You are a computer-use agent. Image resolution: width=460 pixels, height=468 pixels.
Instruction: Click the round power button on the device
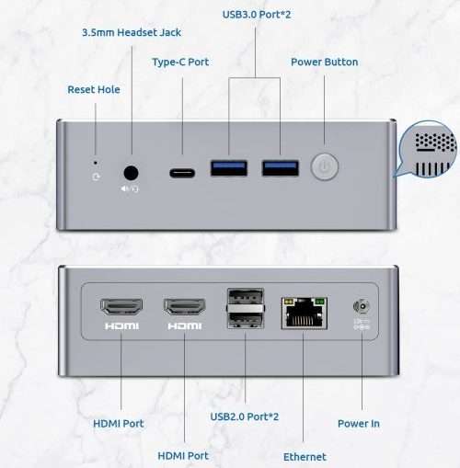325,166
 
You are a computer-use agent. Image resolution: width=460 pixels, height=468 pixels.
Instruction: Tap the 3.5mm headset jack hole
131,173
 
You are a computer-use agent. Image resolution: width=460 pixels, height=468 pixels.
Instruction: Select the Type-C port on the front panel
182,173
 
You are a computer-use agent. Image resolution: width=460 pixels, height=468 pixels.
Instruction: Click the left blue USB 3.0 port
229,168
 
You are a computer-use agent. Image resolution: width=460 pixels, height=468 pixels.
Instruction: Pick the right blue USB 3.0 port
281,168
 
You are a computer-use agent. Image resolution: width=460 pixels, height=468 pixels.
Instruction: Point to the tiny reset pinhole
96,163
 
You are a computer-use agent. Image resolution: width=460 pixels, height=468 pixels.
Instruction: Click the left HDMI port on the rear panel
121,307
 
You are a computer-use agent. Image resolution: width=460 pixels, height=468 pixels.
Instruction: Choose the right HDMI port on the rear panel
185,307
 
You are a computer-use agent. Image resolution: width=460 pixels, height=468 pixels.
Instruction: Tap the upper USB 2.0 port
246,296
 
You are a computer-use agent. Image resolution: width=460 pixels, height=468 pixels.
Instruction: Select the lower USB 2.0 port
246,321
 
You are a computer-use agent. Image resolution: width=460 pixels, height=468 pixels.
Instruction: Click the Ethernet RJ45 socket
305,313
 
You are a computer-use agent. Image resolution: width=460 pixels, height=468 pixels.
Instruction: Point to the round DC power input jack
362,306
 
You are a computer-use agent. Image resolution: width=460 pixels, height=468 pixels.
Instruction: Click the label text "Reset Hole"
94,89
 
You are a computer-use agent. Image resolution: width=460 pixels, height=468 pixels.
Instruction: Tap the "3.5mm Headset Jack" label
132,32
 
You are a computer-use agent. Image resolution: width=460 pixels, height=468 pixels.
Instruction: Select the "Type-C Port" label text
180,63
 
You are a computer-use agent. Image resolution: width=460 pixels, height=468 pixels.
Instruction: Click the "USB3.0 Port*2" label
257,15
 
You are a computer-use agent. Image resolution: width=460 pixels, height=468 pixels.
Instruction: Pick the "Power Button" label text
324,62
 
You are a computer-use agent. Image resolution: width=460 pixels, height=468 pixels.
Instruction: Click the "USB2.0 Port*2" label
245,417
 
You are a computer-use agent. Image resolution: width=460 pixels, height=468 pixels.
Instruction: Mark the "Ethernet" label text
305,457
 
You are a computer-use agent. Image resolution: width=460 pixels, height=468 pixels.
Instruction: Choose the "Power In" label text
359,424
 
